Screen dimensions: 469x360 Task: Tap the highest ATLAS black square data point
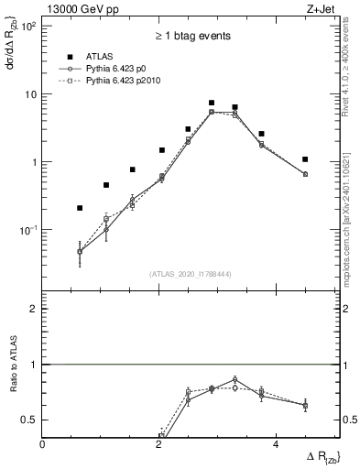pos(212,104)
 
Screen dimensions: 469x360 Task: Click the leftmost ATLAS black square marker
pos(80,208)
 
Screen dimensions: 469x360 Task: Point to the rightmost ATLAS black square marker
pos(305,159)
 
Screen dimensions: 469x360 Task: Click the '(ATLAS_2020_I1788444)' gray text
pos(191,273)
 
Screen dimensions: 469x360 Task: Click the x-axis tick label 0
pos(43,445)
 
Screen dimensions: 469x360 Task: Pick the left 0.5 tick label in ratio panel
pos(29,420)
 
